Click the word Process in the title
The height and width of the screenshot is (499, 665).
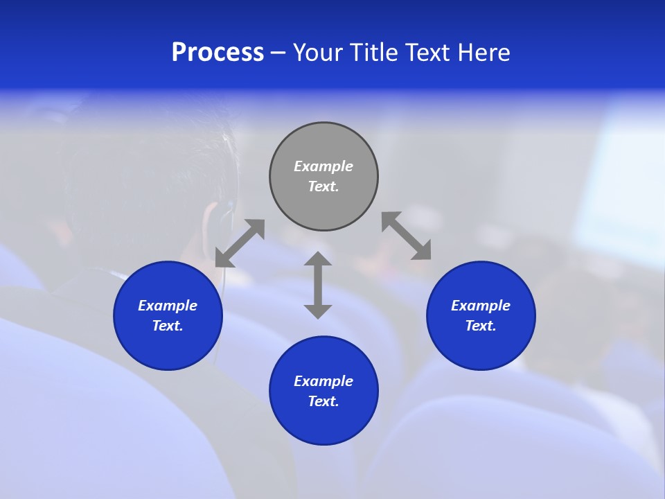coord(218,53)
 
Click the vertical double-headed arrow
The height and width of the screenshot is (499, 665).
coord(318,285)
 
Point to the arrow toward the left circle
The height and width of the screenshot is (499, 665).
coord(240,243)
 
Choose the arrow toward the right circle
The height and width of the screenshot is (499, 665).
coord(407,236)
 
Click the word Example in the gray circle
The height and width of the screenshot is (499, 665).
coord(323,166)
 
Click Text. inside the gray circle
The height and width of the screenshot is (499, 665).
coord(323,186)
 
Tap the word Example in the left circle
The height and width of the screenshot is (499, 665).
coord(168,306)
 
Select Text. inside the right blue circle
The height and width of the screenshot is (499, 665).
coord(481,326)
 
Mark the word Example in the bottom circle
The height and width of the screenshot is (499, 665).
coord(323,381)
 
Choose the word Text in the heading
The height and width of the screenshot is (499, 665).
coord(429,53)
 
